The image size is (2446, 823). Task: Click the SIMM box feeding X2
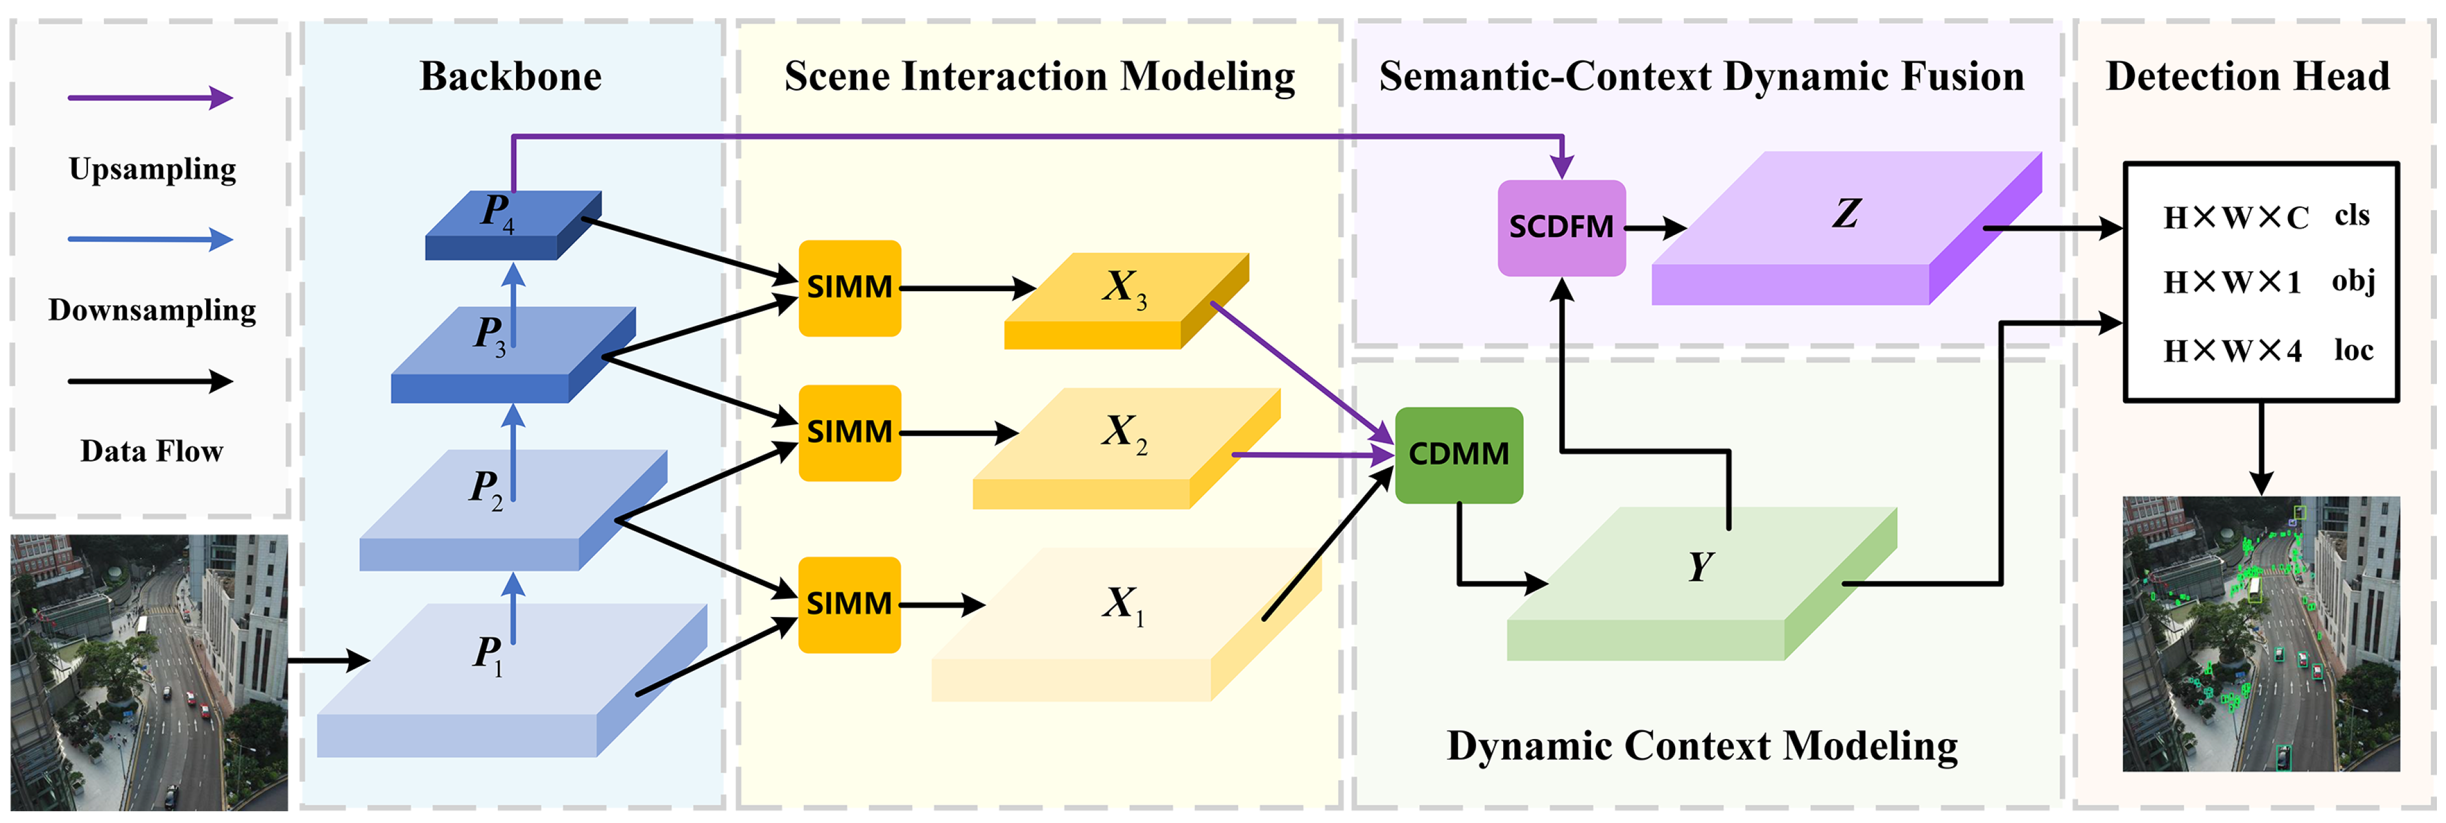[849, 433]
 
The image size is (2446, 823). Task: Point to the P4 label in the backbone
[497, 211]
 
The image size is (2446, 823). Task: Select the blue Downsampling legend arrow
[150, 240]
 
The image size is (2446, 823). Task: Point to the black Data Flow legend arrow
[150, 382]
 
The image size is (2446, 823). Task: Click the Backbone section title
[511, 76]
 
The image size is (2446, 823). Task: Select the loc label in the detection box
[2353, 350]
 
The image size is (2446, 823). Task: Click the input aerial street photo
[149, 672]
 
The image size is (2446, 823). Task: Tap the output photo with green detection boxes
[2261, 634]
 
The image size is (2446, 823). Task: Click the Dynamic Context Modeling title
[1702, 746]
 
